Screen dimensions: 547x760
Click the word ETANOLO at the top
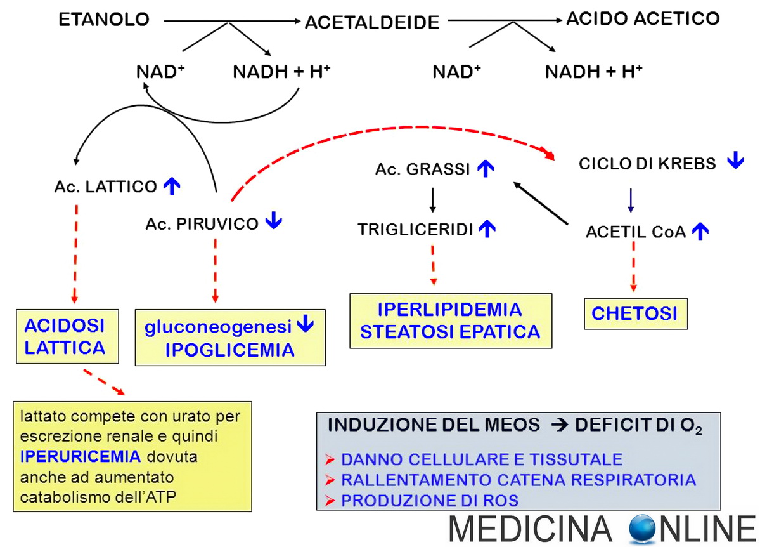pos(104,20)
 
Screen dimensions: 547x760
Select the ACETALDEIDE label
pos(371,23)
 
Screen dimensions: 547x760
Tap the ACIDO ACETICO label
pos(642,18)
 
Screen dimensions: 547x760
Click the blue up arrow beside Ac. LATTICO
pos(172,186)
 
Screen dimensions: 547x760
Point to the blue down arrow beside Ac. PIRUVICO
pos(274,221)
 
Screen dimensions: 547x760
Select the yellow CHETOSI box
pos(634,313)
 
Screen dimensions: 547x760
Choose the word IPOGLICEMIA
pos(229,350)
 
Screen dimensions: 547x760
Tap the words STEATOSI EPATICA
pos(450,331)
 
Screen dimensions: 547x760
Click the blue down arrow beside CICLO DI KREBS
pos(735,161)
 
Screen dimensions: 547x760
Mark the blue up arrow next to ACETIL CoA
pos(700,232)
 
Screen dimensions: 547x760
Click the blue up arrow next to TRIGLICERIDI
pos(487,228)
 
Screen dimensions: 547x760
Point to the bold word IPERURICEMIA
pos(79,456)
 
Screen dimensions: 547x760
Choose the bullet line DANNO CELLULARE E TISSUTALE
pos(481,459)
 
